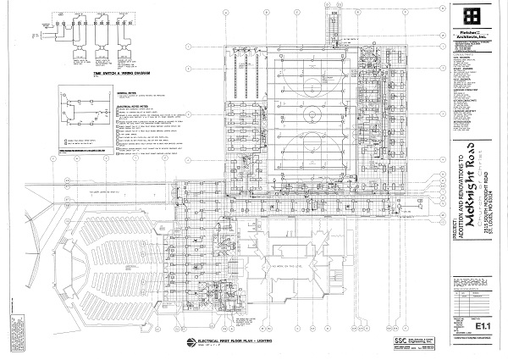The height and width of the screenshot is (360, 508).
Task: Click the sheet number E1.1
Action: tap(484, 324)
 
